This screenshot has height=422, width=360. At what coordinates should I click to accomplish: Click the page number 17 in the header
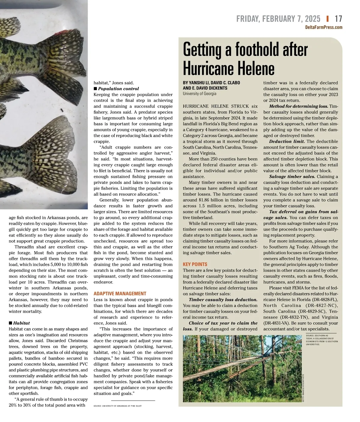tap(338, 19)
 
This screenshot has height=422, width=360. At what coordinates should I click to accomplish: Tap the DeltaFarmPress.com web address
tap(323, 27)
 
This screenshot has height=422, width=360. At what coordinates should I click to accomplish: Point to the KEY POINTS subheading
tap(195, 264)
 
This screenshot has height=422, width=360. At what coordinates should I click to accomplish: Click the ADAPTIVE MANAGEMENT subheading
tap(120, 294)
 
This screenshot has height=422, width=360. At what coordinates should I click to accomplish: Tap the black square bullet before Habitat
tap(10, 323)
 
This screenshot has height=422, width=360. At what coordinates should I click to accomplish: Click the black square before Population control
tap(95, 89)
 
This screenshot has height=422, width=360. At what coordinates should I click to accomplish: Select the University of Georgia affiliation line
tap(199, 94)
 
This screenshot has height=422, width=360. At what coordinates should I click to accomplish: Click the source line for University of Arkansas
tap(118, 406)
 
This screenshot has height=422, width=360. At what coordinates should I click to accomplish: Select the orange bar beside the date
tap(328, 19)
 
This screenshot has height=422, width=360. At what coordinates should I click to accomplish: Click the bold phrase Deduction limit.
tap(287, 141)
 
